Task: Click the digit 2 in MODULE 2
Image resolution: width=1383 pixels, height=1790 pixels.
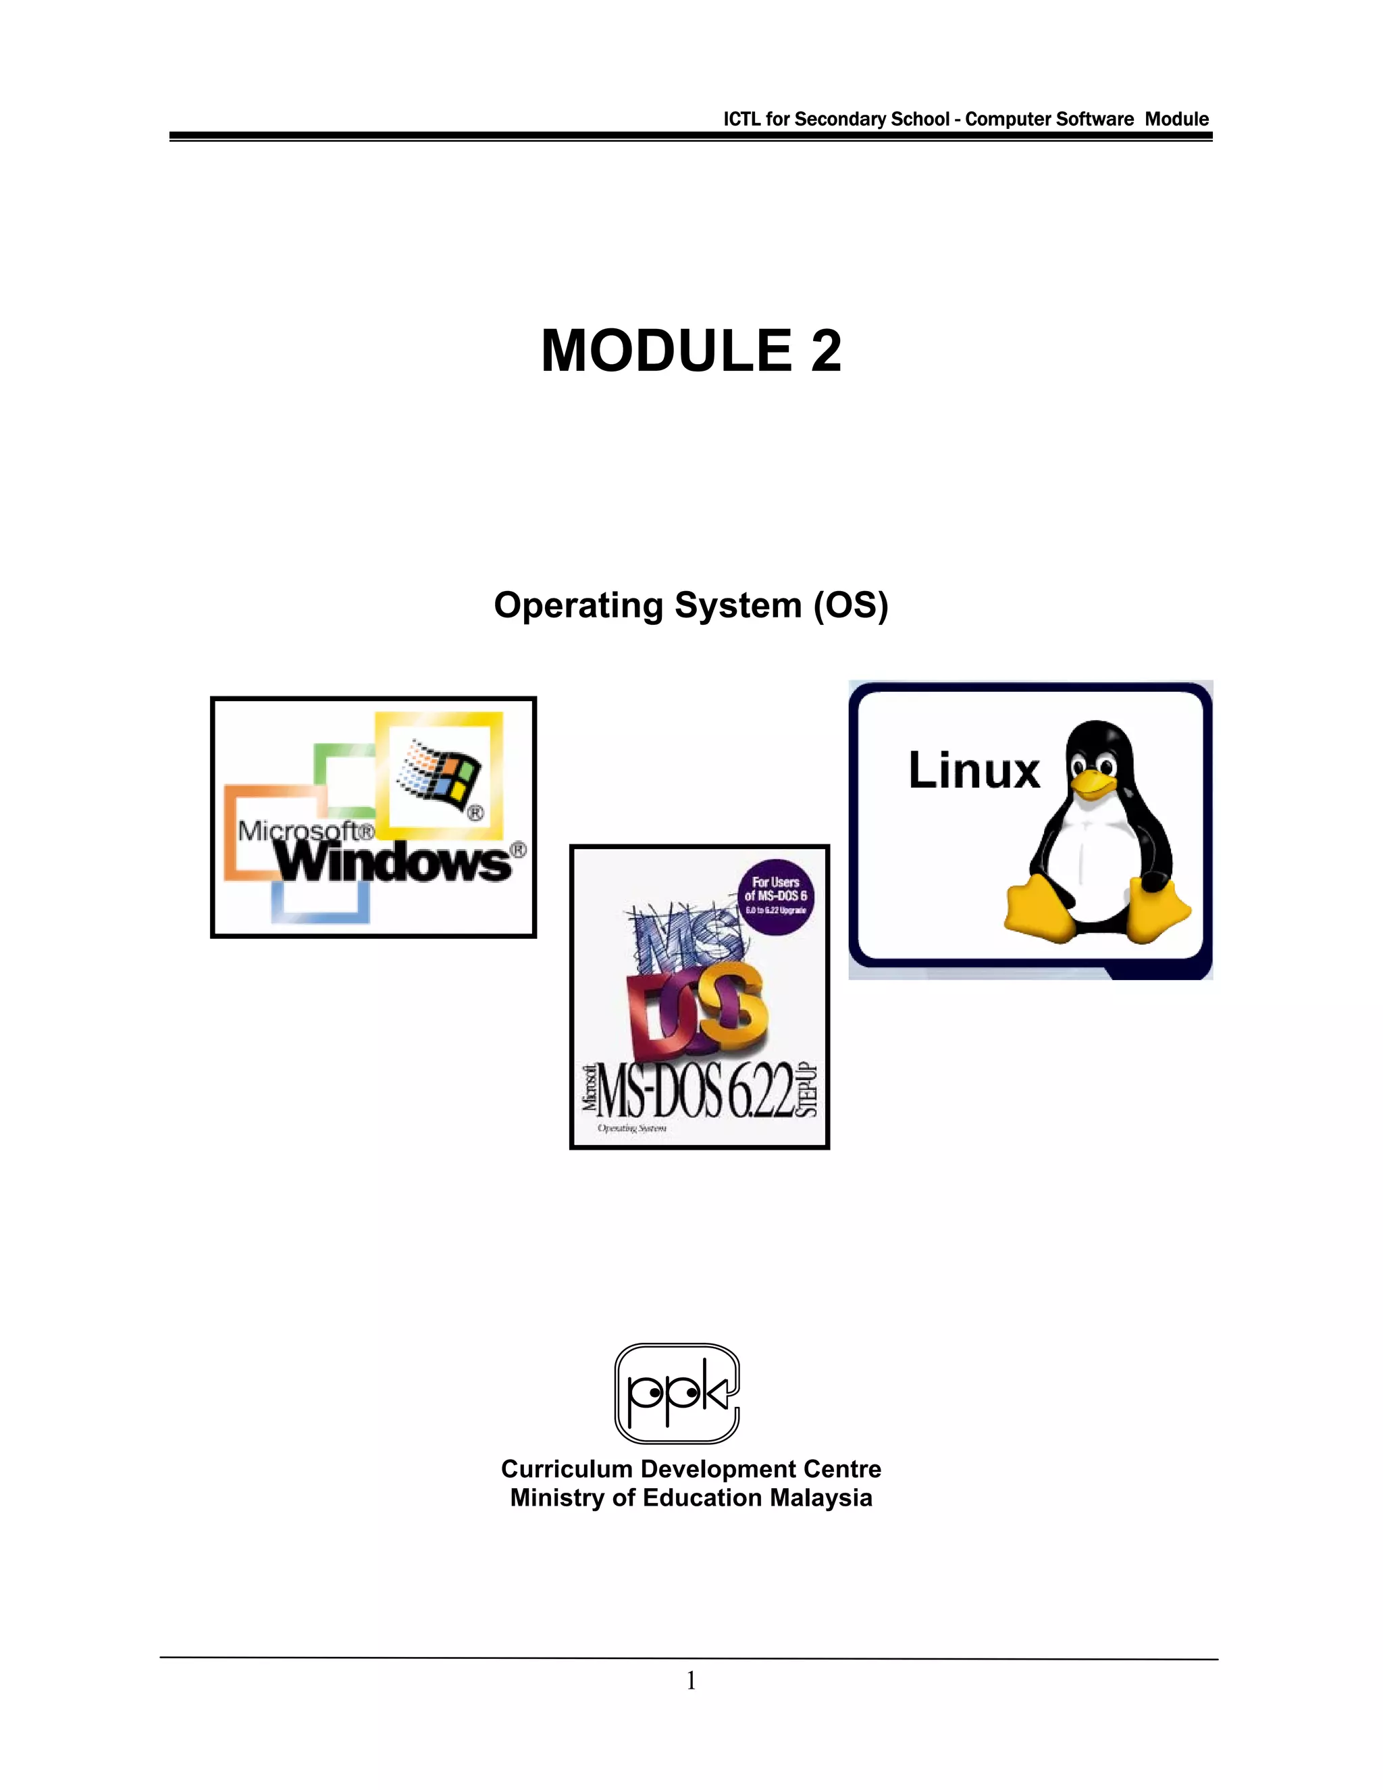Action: [825, 351]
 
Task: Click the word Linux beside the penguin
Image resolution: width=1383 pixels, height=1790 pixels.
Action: [973, 771]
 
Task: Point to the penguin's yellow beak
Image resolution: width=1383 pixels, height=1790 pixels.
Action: [1091, 784]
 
